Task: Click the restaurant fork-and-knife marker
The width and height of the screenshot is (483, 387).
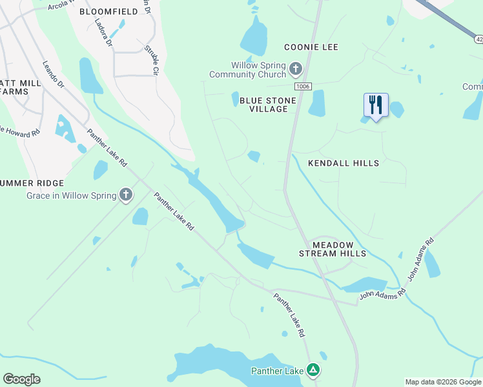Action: tap(376, 105)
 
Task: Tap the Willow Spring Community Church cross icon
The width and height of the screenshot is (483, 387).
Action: tap(296, 68)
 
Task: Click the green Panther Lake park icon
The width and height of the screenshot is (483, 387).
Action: tap(313, 370)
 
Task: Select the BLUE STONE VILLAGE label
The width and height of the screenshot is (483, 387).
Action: tap(268, 104)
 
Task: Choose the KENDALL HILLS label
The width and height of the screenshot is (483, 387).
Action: tap(344, 163)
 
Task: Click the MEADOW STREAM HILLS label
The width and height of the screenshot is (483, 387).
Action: tap(333, 249)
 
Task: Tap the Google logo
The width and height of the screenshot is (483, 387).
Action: tap(21, 379)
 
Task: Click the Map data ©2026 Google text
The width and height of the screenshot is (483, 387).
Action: tap(442, 382)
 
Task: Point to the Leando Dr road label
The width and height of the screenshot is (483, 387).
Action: tap(54, 74)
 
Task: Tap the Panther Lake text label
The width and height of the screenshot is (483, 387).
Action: tap(278, 371)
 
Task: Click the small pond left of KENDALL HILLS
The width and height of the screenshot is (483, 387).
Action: tap(254, 156)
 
